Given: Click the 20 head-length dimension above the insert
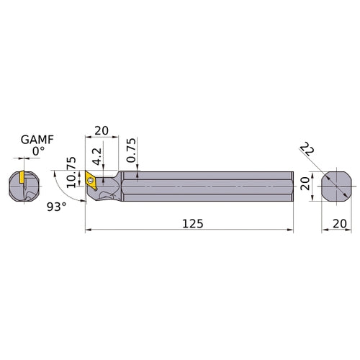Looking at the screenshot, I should (x=101, y=132).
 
